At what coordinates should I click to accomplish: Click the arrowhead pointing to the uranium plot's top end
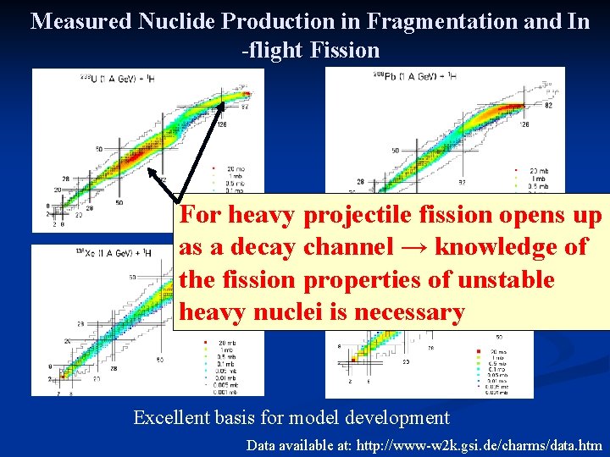point(225,103)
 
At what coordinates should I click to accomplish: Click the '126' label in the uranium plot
point(221,124)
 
